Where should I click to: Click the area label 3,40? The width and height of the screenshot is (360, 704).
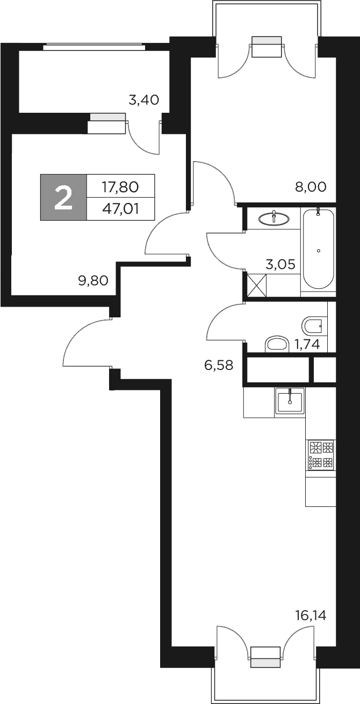point(144,99)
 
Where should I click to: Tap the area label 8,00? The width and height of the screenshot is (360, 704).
point(311,187)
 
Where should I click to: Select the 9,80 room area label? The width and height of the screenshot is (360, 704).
point(93,280)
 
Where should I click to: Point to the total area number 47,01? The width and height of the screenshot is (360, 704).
point(120,209)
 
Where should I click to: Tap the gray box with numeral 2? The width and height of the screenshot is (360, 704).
point(63,198)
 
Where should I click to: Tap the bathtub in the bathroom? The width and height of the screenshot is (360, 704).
point(318,250)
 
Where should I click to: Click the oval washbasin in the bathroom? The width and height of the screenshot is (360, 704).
point(273,218)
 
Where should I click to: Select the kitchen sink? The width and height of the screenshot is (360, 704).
point(290,400)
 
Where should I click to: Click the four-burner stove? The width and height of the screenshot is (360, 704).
point(321,454)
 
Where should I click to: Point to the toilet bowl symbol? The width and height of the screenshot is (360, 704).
point(312,324)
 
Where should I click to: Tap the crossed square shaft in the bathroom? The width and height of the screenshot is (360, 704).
point(256,284)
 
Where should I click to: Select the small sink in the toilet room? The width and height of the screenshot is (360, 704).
point(277,344)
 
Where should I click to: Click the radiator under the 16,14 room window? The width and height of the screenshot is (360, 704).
point(266,656)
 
